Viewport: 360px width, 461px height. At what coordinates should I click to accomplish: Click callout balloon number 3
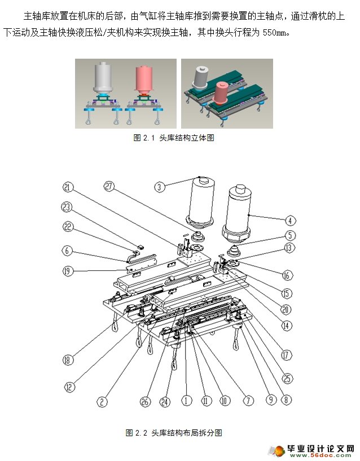point(161,187)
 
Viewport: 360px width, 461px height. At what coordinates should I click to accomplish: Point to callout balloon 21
point(68,187)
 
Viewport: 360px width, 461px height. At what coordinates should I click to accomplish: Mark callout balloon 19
point(68,271)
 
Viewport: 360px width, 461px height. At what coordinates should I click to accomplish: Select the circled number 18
point(68,360)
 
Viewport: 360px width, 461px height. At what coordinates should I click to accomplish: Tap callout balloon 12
point(69,387)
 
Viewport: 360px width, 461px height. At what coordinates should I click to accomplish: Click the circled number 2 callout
point(102,402)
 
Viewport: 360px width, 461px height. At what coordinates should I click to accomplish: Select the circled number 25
point(288,378)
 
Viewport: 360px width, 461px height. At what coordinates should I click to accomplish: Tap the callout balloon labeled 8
point(287,399)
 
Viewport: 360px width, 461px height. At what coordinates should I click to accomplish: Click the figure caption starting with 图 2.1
point(174,138)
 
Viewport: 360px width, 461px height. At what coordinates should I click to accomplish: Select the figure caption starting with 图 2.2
point(174,433)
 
